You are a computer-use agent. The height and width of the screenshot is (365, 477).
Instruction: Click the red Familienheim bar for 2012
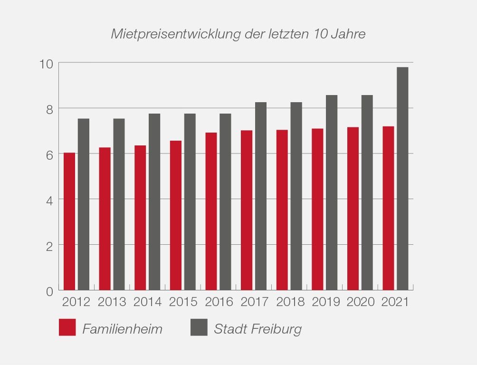point(69,221)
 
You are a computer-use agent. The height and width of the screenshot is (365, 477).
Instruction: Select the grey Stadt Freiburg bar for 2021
point(402,179)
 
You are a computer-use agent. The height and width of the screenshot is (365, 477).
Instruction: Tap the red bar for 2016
point(211,211)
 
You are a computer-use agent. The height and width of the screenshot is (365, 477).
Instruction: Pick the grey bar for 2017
point(261,196)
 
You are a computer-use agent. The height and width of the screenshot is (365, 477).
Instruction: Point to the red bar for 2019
point(317,210)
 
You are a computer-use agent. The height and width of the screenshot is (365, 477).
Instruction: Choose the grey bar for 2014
point(154,202)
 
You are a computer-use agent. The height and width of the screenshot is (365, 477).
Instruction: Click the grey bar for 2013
point(119,204)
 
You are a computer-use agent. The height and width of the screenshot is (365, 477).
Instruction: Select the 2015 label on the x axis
point(183,302)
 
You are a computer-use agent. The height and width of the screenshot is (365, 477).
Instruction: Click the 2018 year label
point(290,302)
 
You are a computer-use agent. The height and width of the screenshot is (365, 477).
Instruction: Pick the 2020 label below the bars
point(361,302)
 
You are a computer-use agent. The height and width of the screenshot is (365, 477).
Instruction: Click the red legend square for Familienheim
point(67,328)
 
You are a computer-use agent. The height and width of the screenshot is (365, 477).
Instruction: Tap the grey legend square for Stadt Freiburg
point(199,328)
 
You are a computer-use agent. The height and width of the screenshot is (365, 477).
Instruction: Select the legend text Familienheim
point(122,329)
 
